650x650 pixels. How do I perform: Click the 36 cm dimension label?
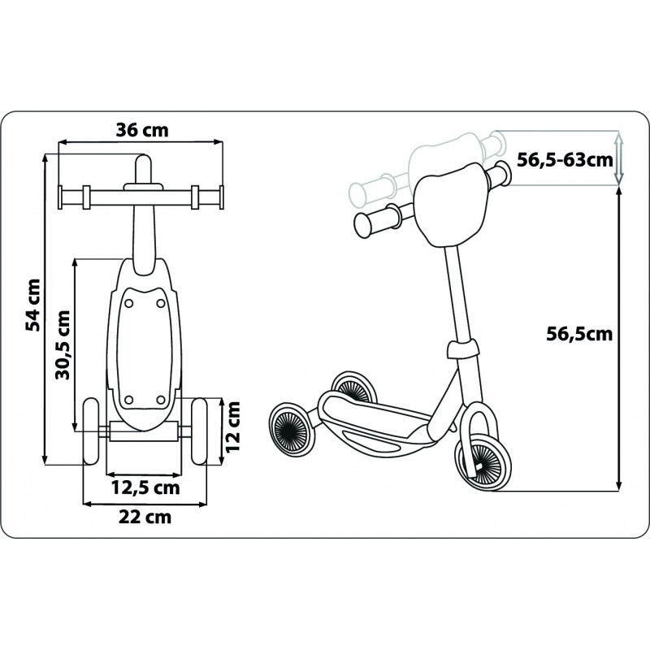(x=142, y=130)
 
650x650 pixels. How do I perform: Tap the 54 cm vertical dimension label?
(x=33, y=305)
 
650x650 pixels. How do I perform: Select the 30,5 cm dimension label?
(x=63, y=344)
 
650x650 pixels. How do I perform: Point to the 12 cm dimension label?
(x=233, y=426)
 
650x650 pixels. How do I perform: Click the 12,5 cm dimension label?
(x=145, y=487)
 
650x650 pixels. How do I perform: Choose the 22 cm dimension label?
(x=145, y=517)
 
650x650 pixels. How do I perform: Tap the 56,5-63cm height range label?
(x=565, y=159)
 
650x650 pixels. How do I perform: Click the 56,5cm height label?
(x=578, y=334)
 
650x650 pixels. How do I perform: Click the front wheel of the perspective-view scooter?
(x=483, y=462)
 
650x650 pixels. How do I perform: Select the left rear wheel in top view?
(x=91, y=431)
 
